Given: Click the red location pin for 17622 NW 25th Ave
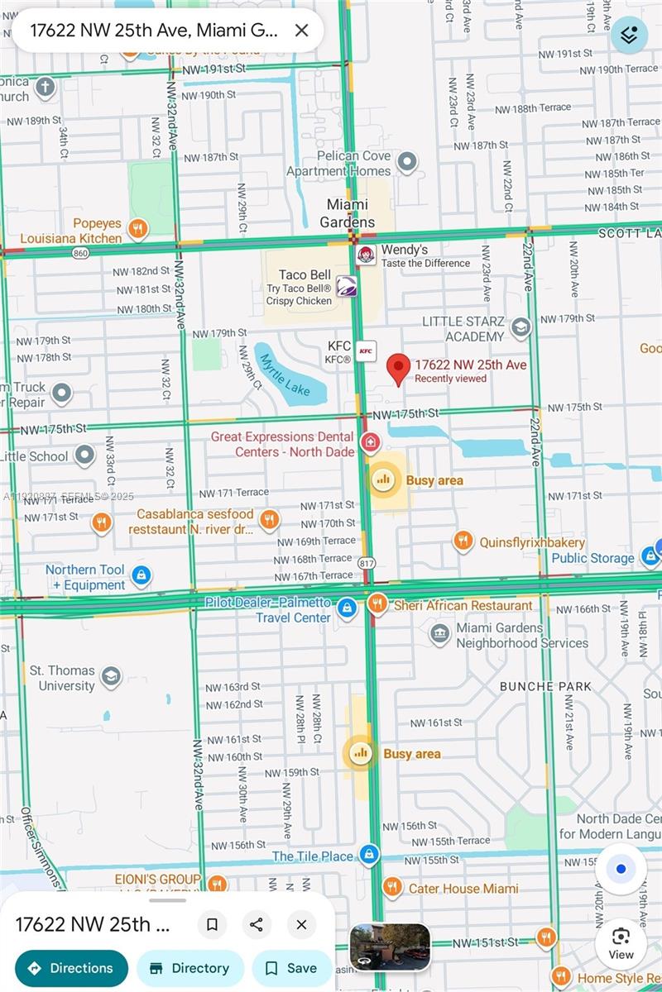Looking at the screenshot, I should (400, 368).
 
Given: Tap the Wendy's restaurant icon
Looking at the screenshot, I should (366, 255).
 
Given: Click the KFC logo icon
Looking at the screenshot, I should (366, 351).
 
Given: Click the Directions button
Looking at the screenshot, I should (71, 968).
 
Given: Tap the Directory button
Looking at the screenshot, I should (189, 968).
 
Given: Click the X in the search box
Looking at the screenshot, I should (302, 31).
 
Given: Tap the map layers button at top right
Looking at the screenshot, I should (629, 35).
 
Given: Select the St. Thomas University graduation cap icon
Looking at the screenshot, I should (110, 679).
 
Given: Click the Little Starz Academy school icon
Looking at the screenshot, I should (520, 328).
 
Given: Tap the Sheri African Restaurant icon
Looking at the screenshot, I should (377, 604).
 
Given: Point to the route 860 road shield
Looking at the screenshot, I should (80, 253).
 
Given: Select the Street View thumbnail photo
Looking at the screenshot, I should (390, 947).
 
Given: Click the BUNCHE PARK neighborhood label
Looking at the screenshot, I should (545, 686).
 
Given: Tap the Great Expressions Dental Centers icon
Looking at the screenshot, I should (371, 443).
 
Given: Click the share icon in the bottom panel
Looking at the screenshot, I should (257, 924).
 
